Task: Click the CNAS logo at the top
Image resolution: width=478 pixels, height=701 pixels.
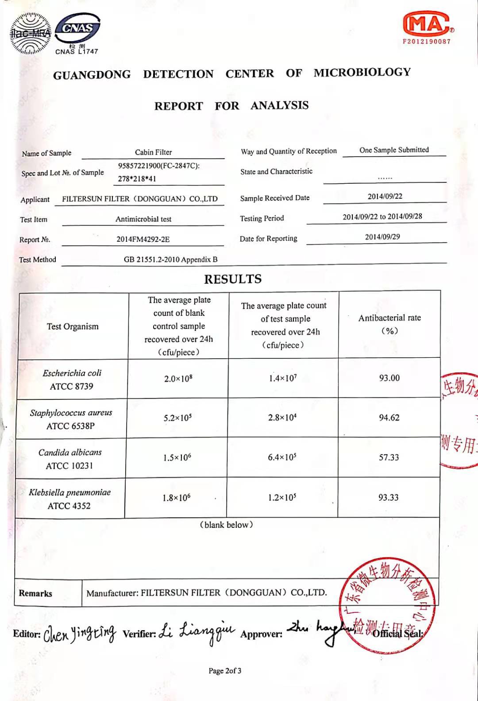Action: (78, 29)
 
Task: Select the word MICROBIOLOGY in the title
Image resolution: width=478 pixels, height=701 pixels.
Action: (362, 72)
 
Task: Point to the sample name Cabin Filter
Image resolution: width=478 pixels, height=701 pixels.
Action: (153, 152)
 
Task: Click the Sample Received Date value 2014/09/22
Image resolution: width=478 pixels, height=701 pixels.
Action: (385, 196)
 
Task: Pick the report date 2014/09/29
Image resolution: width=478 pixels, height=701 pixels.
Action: (382, 237)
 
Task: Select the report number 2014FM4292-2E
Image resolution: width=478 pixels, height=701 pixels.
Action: (143, 239)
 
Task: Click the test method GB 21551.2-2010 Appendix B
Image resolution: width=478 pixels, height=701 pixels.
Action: (170, 259)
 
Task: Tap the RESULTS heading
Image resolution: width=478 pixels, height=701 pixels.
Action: (233, 279)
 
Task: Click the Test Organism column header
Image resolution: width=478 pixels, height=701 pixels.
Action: (73, 326)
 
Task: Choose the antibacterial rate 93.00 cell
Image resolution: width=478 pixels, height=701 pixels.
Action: (389, 378)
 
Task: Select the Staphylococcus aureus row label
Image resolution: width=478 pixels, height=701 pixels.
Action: (71, 419)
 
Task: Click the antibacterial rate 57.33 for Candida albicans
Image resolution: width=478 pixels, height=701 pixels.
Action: (389, 457)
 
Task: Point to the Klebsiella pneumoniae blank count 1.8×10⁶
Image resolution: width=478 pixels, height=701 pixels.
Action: (176, 498)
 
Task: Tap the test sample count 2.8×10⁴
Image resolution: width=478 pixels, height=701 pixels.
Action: (282, 418)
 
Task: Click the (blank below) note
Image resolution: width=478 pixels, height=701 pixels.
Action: (226, 525)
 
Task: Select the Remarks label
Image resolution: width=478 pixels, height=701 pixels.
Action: (35, 593)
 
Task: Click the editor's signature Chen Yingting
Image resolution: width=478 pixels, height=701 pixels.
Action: (80, 634)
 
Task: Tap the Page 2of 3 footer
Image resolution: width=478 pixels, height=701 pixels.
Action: (225, 671)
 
